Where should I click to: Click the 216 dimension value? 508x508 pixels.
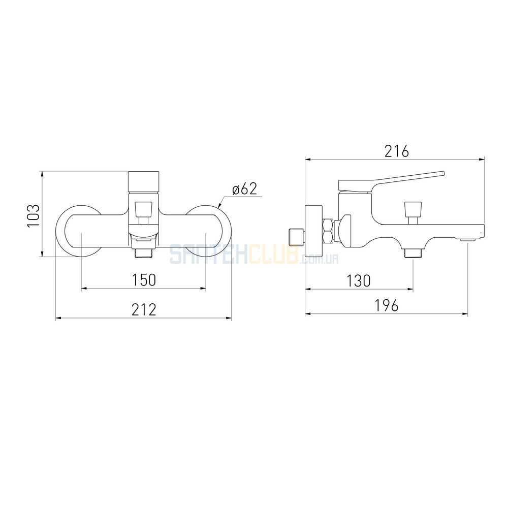pos(397,151)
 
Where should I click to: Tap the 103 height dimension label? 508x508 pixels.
pos(34,216)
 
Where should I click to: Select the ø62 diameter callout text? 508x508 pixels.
pos(245,189)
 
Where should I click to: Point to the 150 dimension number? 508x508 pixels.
pos(144,280)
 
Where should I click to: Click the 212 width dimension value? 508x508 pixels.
pos(144,309)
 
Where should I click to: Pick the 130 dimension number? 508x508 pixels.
pos(358,281)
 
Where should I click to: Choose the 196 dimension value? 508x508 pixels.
pos(387,305)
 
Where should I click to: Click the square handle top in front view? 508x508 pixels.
pos(144,182)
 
